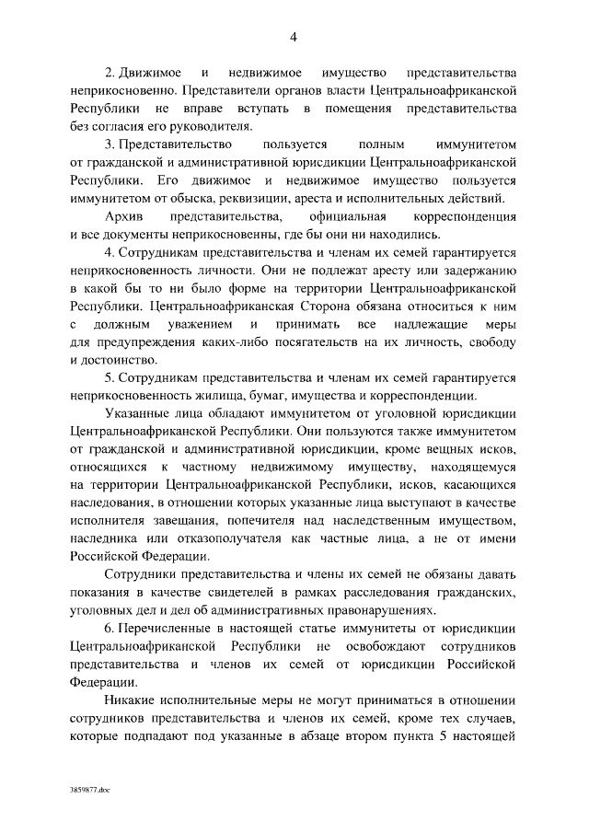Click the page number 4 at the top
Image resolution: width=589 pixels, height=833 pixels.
(294, 37)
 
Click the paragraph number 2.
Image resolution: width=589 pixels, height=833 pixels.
(110, 72)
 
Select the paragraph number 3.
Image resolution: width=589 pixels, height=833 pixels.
(110, 145)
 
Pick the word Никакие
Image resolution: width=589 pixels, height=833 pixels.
(132, 701)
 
